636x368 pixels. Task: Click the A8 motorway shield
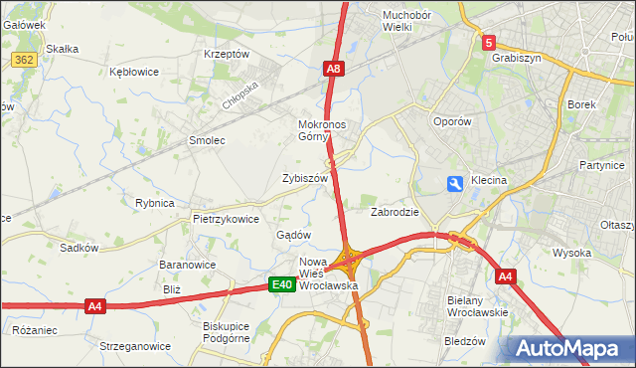[334, 69]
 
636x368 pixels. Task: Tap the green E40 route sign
[281, 285]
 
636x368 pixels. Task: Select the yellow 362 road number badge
[25, 60]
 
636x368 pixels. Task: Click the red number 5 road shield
[489, 43]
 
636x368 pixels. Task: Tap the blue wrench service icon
[455, 184]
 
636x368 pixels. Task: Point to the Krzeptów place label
[226, 54]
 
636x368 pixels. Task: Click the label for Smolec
[208, 140]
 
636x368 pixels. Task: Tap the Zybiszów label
[305, 178]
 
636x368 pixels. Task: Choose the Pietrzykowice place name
[226, 219]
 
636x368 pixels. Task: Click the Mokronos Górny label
[320, 131]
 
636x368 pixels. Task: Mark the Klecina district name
[489, 181]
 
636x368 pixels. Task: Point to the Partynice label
[601, 164]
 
